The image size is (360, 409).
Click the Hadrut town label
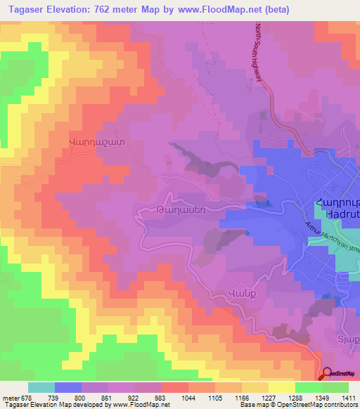341,219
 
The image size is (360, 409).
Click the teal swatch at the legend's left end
41,387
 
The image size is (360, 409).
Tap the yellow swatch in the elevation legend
282,387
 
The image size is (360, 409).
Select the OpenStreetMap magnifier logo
326,374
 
